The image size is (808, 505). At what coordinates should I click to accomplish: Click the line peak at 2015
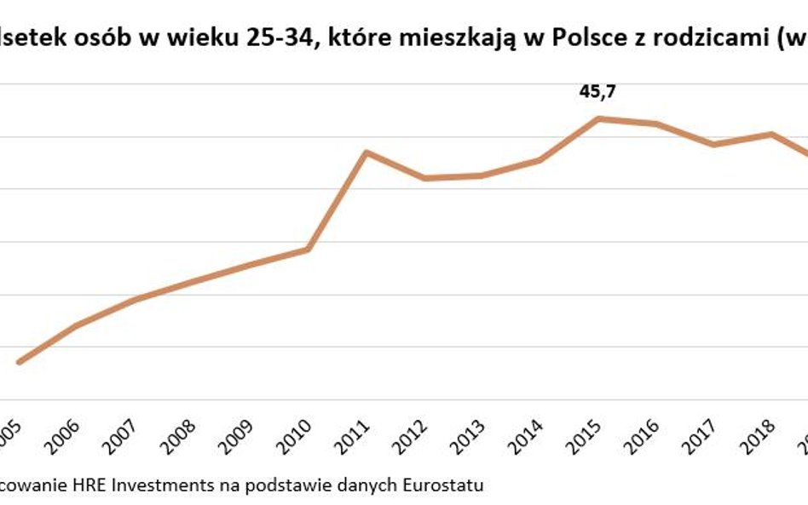[597, 118]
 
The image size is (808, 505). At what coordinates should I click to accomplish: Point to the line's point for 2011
[366, 152]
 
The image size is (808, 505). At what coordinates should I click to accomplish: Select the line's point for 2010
[308, 250]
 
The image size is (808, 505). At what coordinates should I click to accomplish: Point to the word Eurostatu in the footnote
[446, 486]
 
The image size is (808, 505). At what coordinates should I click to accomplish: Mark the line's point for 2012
[424, 178]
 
